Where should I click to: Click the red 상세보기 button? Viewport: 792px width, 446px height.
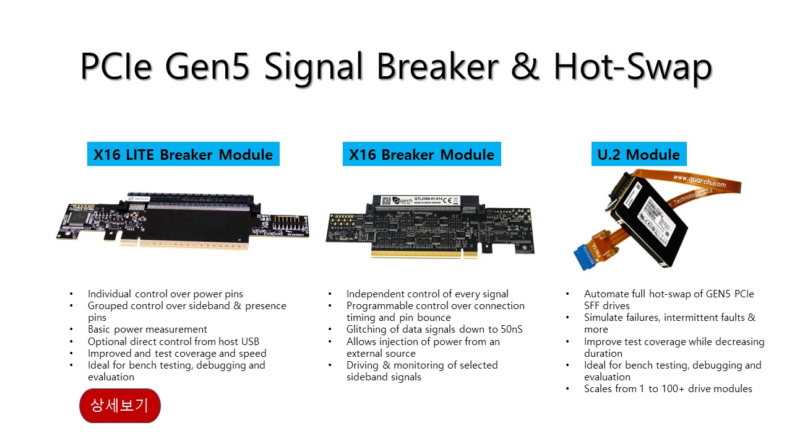pyautogui.click(x=120, y=406)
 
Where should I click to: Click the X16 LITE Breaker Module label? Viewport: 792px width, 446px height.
pyautogui.click(x=183, y=154)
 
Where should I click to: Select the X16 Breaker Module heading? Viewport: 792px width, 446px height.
pyautogui.click(x=422, y=154)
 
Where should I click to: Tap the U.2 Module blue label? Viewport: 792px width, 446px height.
pyautogui.click(x=639, y=154)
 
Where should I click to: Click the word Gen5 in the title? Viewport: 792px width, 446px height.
pyautogui.click(x=207, y=66)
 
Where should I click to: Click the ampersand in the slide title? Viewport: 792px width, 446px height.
pyautogui.click(x=525, y=66)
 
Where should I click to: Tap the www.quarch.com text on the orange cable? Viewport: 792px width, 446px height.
pyautogui.click(x=699, y=181)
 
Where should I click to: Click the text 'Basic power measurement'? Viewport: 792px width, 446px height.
pyautogui.click(x=147, y=330)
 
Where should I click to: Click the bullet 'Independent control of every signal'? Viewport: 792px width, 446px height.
pyautogui.click(x=427, y=294)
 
